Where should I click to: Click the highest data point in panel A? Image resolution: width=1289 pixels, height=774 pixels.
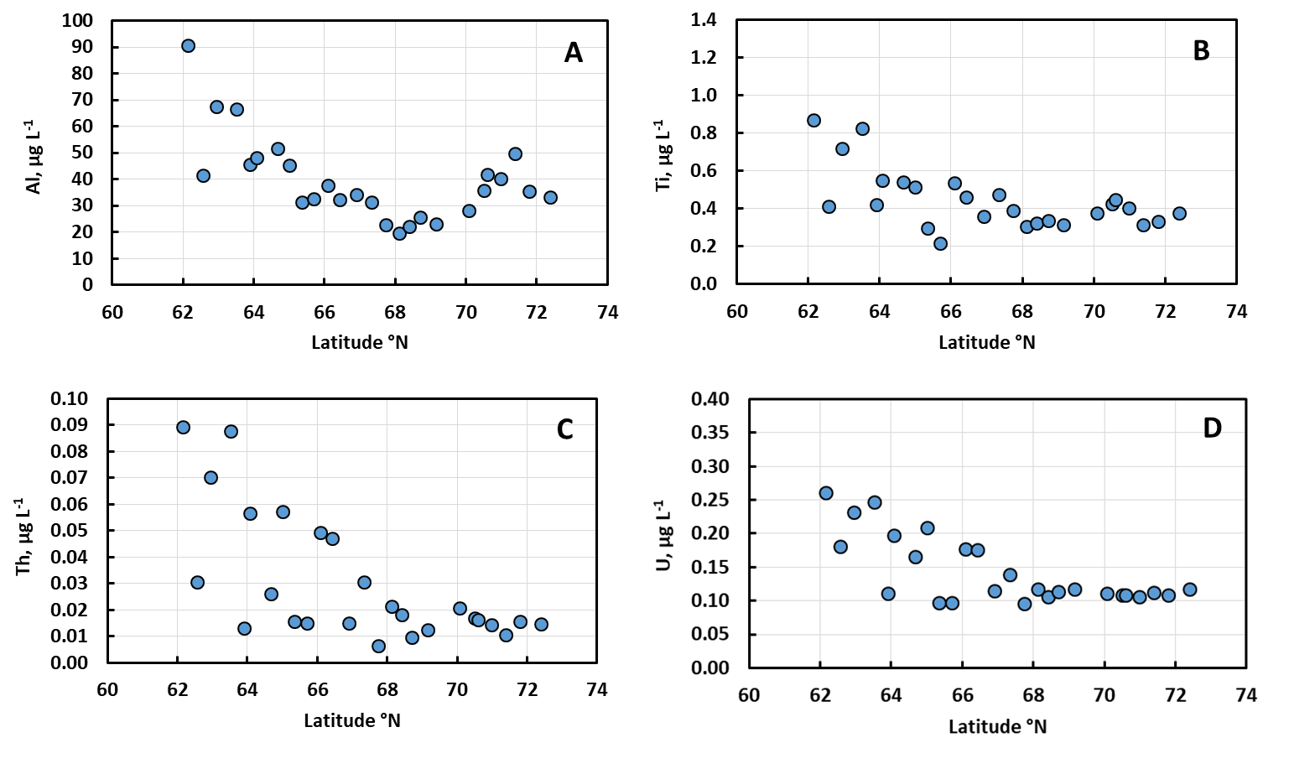188,46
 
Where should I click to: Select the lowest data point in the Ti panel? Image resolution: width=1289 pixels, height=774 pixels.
940,243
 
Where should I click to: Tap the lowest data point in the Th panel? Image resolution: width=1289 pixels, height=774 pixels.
378,647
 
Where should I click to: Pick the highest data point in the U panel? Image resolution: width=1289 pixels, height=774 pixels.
826,493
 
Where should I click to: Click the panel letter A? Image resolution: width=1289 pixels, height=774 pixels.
573,53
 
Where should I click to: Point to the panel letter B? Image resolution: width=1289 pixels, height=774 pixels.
1201,50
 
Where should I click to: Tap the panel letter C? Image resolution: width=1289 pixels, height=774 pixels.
564,429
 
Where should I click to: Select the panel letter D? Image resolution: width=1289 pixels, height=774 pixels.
1212,429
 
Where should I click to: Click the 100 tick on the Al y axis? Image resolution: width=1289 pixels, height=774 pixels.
77,21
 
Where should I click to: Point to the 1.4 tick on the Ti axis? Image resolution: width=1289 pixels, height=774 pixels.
704,20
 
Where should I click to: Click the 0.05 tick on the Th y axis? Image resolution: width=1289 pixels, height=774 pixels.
69,531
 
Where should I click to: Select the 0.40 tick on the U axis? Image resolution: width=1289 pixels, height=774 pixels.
710,399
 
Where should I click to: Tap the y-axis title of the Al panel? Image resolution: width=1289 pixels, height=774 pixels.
34,157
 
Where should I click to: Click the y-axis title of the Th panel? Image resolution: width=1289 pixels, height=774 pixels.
23,536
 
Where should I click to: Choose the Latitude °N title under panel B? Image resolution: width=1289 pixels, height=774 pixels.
987,342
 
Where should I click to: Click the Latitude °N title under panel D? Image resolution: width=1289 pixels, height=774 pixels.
997,727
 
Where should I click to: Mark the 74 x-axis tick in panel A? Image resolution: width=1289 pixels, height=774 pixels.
608,312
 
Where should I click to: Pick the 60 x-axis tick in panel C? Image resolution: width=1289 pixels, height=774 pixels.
107,689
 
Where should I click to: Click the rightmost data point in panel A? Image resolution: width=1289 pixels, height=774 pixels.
550,197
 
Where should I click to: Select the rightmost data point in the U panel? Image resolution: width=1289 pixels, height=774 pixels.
1189,590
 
